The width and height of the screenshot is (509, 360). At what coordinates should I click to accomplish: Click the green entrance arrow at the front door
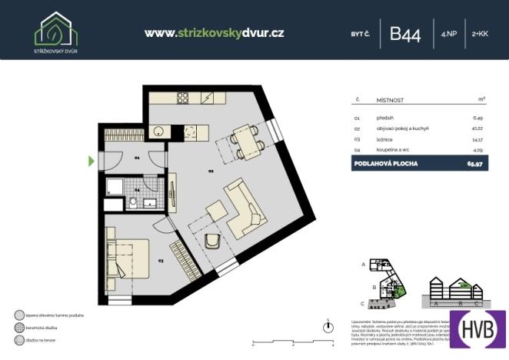(91, 161)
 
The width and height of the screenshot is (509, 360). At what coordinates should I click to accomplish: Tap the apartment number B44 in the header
(405, 34)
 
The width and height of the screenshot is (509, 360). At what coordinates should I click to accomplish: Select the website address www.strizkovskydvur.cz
(215, 33)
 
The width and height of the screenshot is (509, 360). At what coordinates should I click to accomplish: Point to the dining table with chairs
(245, 142)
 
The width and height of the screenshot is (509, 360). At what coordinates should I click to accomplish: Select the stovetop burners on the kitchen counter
(183, 98)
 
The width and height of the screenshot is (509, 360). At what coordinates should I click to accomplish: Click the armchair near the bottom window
(214, 242)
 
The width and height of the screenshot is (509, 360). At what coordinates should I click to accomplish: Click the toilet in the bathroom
(132, 202)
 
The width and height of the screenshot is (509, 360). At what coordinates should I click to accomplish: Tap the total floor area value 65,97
(474, 164)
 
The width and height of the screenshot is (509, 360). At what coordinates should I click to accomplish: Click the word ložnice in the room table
(385, 139)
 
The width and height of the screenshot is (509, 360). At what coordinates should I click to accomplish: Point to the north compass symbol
(328, 324)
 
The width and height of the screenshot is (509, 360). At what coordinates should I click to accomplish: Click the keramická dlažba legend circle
(18, 327)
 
